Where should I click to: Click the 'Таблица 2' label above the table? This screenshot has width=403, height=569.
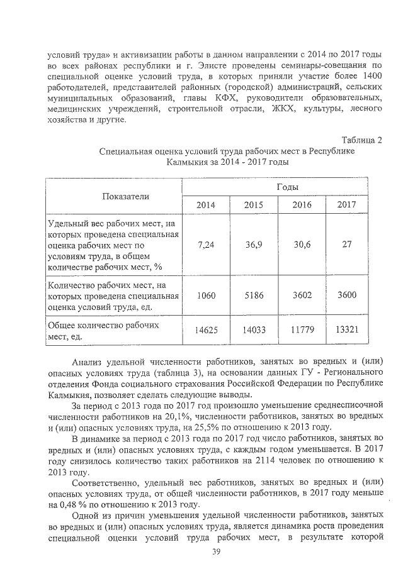tap(361, 140)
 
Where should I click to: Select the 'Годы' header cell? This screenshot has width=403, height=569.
tap(287, 187)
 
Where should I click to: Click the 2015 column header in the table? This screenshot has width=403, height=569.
tap(253, 205)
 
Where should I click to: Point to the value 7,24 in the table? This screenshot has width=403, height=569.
tap(205, 245)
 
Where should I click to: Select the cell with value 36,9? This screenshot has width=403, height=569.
tap(253, 245)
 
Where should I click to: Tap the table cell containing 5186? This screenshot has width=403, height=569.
tap(253, 296)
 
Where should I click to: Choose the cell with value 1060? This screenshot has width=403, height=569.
tap(205, 296)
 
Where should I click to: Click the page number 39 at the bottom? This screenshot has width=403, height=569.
tap(216, 551)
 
